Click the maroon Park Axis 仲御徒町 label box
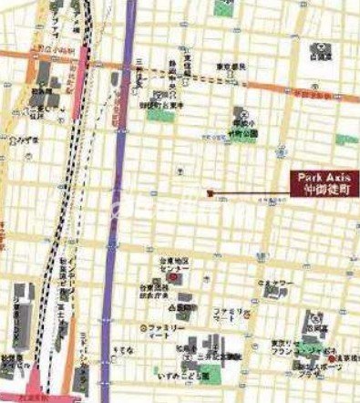click(324, 183)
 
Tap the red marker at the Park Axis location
click(209, 193)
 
